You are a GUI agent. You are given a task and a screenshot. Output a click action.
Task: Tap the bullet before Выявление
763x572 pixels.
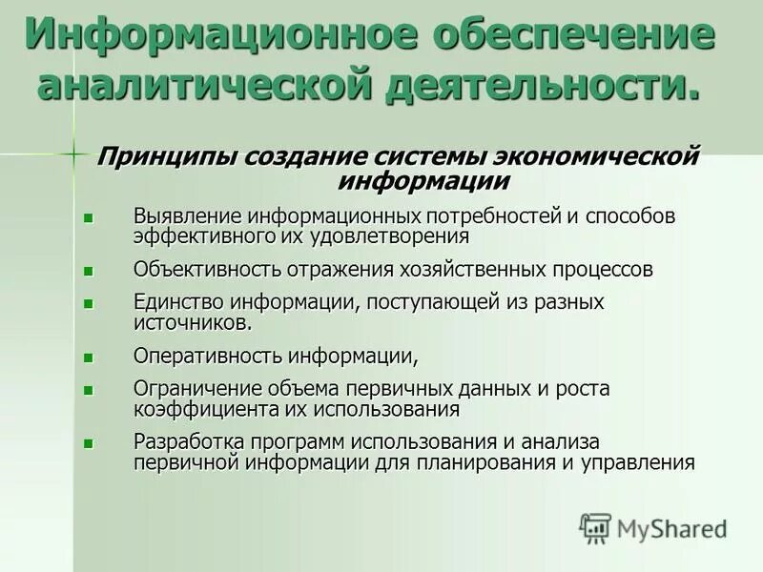coord(89,217)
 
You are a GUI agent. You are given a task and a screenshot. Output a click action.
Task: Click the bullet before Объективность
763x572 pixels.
coord(89,270)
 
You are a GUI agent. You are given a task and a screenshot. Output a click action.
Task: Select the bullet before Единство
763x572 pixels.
coord(89,303)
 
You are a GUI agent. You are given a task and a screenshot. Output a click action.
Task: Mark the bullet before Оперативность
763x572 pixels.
coord(89,357)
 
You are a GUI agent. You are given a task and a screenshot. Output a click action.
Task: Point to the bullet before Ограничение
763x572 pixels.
coord(89,390)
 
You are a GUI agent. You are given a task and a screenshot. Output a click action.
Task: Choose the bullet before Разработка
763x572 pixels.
coord(89,443)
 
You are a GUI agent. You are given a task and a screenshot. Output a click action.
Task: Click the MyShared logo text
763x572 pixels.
coord(672,527)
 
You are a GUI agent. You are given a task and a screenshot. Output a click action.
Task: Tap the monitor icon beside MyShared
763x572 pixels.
coord(595,527)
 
